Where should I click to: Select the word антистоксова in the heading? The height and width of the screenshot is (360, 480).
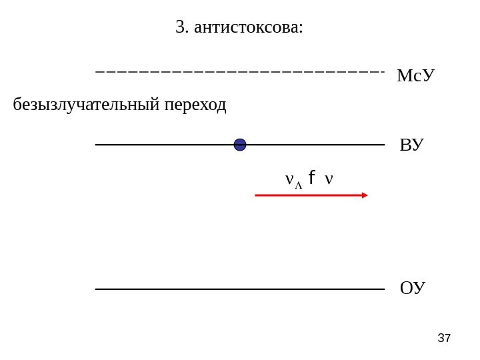tap(247, 28)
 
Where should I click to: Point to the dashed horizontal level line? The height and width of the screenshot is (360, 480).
tap(240, 71)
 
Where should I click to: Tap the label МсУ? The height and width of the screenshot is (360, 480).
tap(415, 75)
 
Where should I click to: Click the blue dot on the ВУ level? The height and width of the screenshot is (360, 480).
tap(240, 145)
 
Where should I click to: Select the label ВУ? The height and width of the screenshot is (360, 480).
tap(411, 145)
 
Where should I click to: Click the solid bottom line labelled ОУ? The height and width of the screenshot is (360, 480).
tap(240, 289)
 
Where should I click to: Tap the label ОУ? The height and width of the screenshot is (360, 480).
tap(412, 289)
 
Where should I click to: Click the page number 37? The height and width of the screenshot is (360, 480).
tap(444, 339)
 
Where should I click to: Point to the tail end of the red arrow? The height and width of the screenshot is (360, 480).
tap(257, 195)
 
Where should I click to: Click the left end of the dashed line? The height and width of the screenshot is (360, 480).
tap(98, 71)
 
